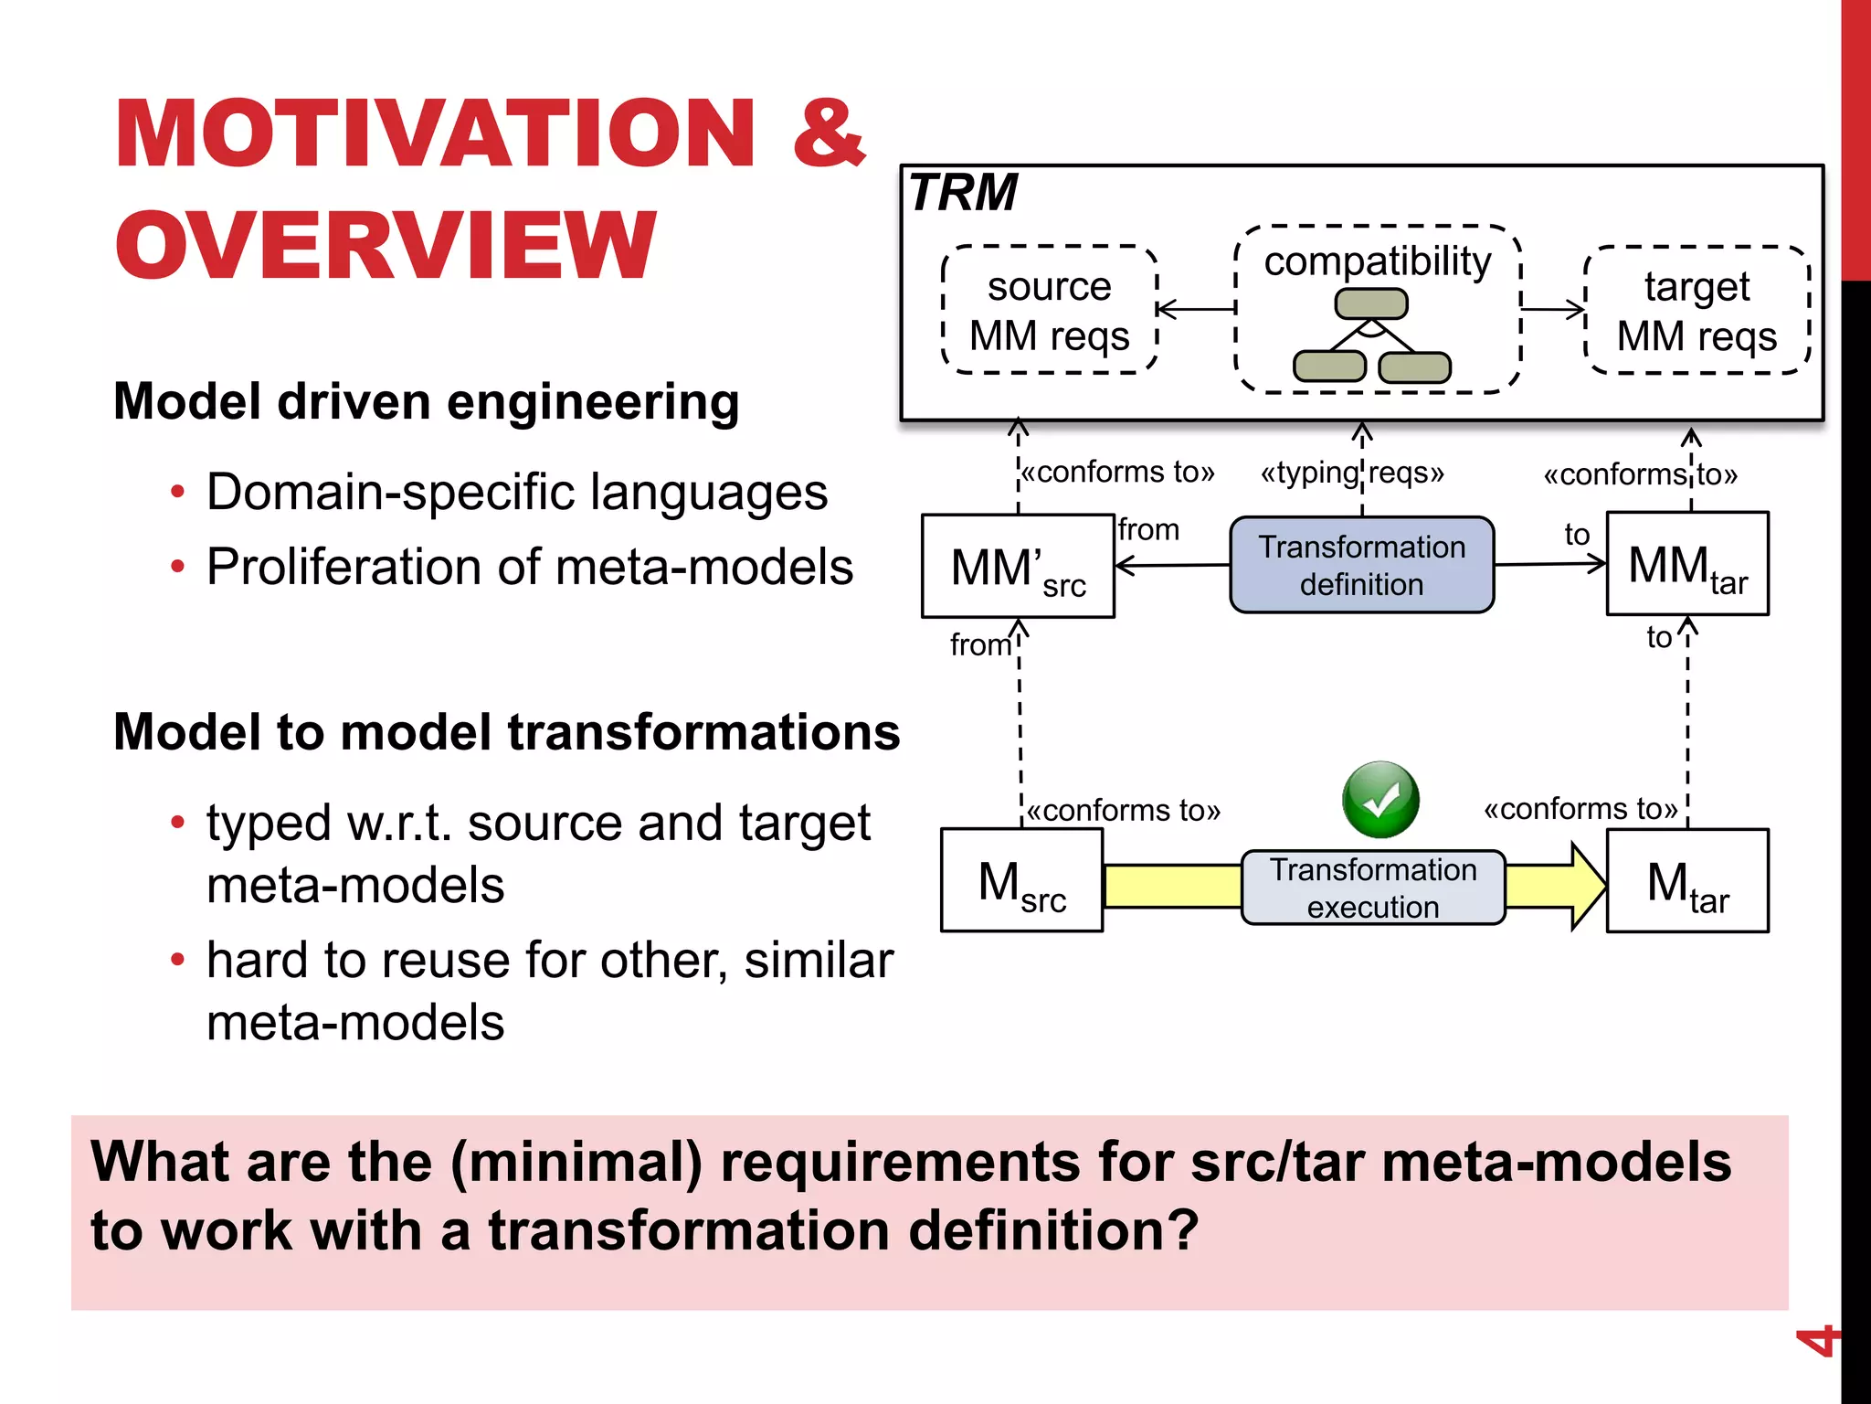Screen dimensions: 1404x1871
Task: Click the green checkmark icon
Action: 1380,800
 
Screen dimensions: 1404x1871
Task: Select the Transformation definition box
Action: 1361,565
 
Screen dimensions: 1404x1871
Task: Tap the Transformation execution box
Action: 1372,888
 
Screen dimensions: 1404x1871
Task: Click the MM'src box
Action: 1018,567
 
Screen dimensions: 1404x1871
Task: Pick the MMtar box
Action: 1687,564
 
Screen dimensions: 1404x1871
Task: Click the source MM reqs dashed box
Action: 1049,311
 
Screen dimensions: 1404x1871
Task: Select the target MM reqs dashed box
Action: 1697,311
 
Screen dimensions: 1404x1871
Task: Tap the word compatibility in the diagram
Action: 1377,261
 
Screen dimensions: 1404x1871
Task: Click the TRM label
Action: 963,193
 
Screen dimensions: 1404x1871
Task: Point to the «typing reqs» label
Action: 1352,473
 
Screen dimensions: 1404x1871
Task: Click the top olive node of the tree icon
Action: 1371,303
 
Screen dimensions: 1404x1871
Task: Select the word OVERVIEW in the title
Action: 386,245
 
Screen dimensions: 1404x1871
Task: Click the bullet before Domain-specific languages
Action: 177,493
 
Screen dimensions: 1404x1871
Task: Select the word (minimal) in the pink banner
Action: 576,1163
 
